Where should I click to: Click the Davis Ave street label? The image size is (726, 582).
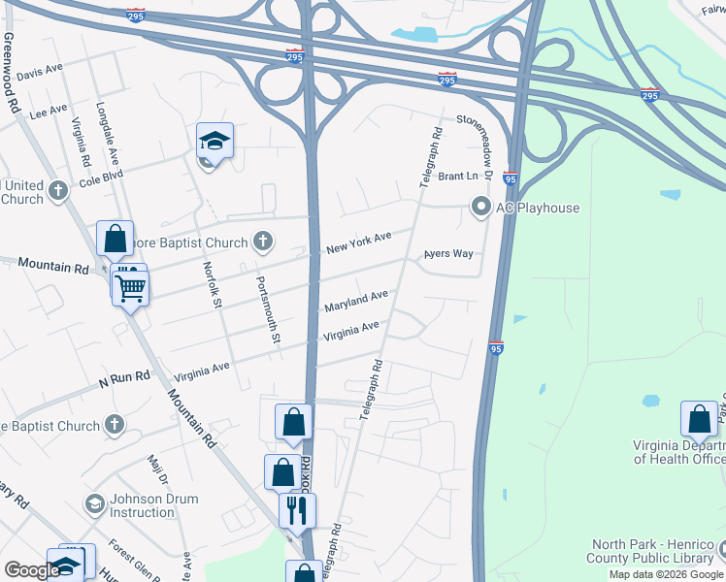[x=39, y=73]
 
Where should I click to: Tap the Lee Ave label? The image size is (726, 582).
[x=49, y=112]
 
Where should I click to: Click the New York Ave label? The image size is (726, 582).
[x=358, y=242]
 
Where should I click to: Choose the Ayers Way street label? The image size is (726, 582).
[x=447, y=254]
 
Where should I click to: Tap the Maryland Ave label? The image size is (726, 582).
[x=355, y=300]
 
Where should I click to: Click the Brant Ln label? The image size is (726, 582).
[x=458, y=177]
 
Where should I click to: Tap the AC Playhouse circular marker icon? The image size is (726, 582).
[x=480, y=207]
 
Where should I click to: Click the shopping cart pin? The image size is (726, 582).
[x=130, y=285]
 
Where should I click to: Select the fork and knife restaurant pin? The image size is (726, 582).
[x=297, y=508]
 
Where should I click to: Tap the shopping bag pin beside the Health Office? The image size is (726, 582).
[x=699, y=419]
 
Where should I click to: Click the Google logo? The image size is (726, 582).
[x=31, y=570]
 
